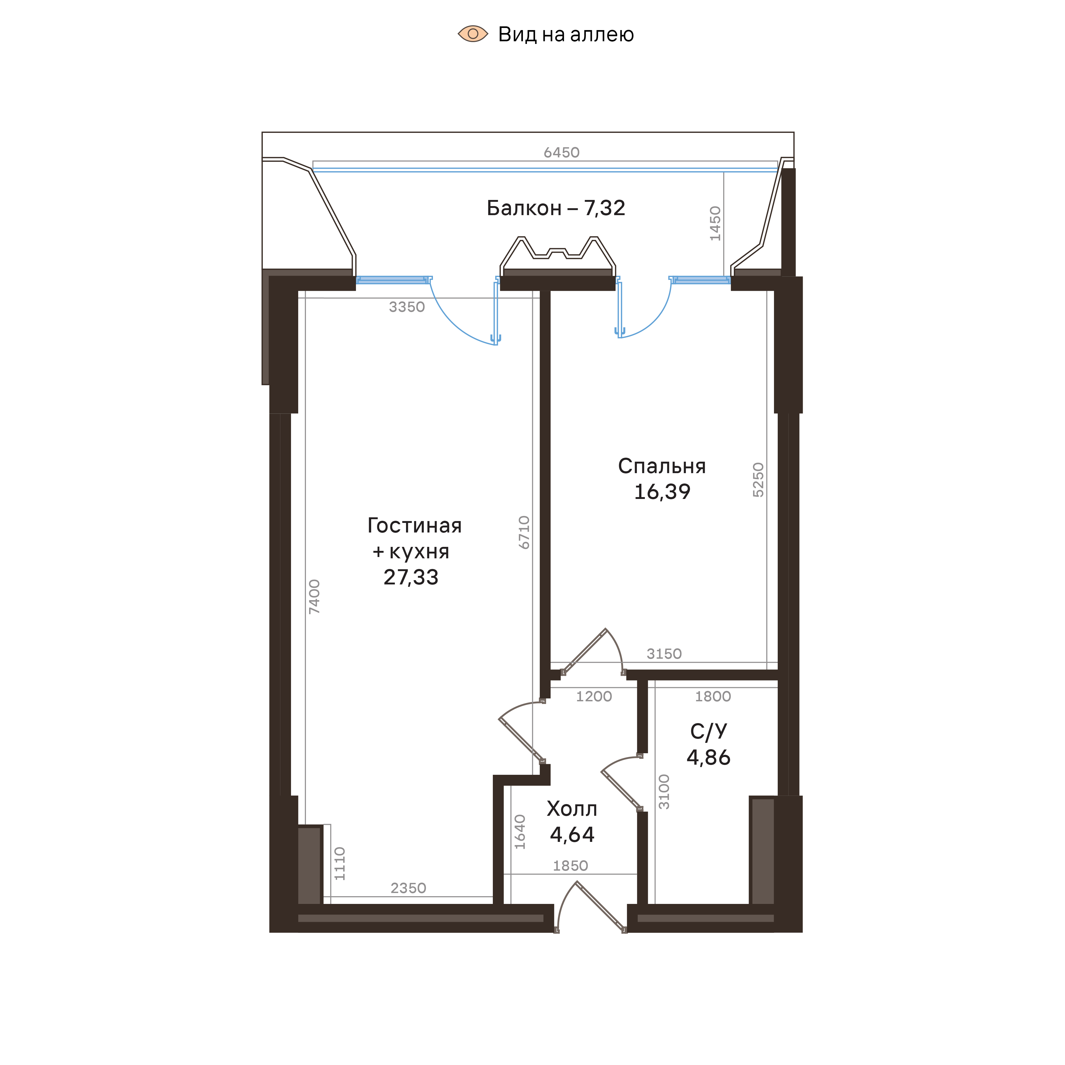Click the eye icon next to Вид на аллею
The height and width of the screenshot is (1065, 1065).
[x=472, y=34]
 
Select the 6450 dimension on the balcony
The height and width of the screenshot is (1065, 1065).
[x=561, y=153]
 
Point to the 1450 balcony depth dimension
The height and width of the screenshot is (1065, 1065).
[x=715, y=223]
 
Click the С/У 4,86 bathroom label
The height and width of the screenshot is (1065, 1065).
[x=708, y=744]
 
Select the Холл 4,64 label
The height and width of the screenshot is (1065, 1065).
[x=572, y=821]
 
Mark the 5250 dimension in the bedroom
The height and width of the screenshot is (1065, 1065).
[x=759, y=480]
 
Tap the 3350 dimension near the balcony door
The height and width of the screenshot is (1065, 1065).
[x=407, y=307]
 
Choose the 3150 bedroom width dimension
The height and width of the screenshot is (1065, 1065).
[x=664, y=654]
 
